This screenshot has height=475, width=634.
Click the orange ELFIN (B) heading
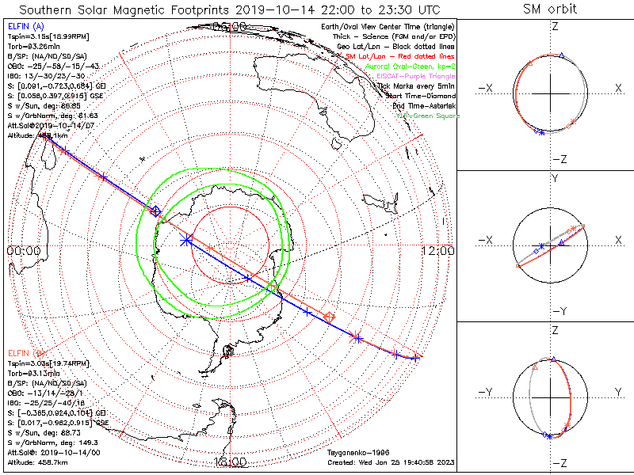(x=26, y=352)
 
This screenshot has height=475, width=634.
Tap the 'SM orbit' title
(x=550, y=9)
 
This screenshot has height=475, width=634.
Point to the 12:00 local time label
(x=438, y=250)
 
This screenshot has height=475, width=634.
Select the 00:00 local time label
(x=24, y=250)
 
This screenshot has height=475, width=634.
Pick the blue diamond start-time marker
(x=155, y=211)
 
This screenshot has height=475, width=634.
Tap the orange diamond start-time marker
(x=330, y=317)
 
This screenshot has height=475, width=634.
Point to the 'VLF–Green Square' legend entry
(x=427, y=116)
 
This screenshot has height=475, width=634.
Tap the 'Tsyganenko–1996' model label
(x=355, y=452)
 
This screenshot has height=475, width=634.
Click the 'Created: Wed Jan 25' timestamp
(x=389, y=460)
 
